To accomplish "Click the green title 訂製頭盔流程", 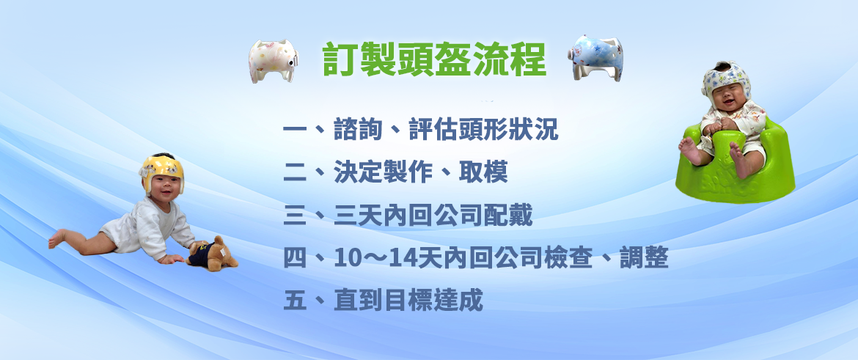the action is [x=434, y=59].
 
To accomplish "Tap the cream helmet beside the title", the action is [x=274, y=60].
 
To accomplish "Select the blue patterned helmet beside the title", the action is [x=595, y=57].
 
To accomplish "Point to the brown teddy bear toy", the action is [x=213, y=254].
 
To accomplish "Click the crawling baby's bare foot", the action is [x=57, y=238].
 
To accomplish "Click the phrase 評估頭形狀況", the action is [x=484, y=131].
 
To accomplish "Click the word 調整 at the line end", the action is [x=644, y=257].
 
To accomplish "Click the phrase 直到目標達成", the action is [x=408, y=301].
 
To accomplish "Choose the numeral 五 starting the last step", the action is [x=296, y=301].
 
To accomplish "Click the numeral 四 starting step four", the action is [x=296, y=257].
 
